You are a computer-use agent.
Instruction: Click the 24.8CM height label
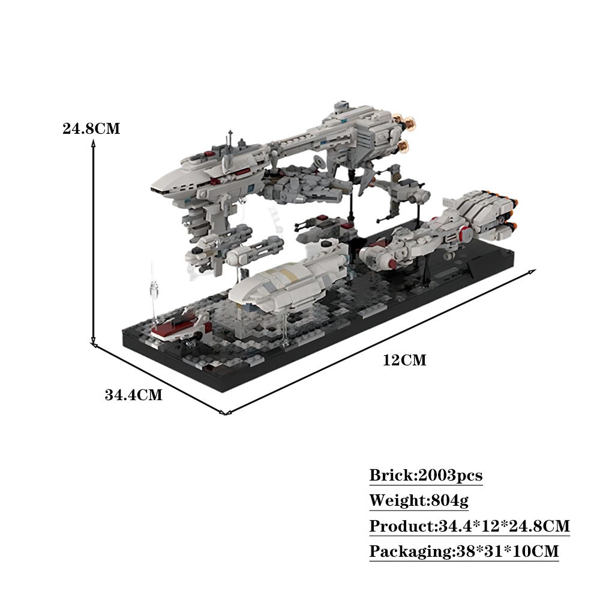[x=91, y=128]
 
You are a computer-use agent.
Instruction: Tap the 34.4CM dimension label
[x=133, y=395]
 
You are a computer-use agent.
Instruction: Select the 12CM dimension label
[x=404, y=360]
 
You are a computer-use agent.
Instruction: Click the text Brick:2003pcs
[x=425, y=476]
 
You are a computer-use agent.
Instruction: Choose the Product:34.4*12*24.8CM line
[x=469, y=526]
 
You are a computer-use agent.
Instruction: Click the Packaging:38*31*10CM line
[x=463, y=551]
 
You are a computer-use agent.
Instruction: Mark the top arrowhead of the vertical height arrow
[x=94, y=142]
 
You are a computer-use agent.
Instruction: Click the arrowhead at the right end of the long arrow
[x=532, y=272]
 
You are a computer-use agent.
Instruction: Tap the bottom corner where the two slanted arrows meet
[x=224, y=412]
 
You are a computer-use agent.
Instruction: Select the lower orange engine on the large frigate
[x=406, y=145]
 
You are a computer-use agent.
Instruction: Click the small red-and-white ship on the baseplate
[x=181, y=326]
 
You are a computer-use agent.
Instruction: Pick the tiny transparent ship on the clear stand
[x=154, y=290]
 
